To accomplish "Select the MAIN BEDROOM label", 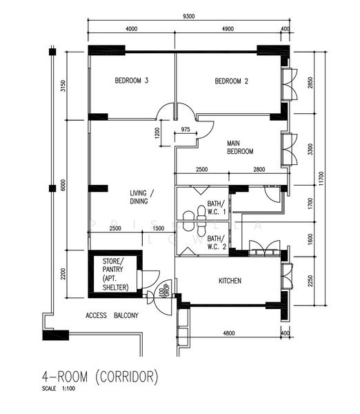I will [x=240, y=147].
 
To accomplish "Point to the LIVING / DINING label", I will [x=143, y=197].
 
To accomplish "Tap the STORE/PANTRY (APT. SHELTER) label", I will [x=114, y=274].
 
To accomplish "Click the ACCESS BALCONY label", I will [x=112, y=316].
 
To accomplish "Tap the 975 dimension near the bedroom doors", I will [x=186, y=129].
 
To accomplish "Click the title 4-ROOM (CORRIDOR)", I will [x=101, y=377].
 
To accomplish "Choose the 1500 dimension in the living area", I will [x=158, y=228].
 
